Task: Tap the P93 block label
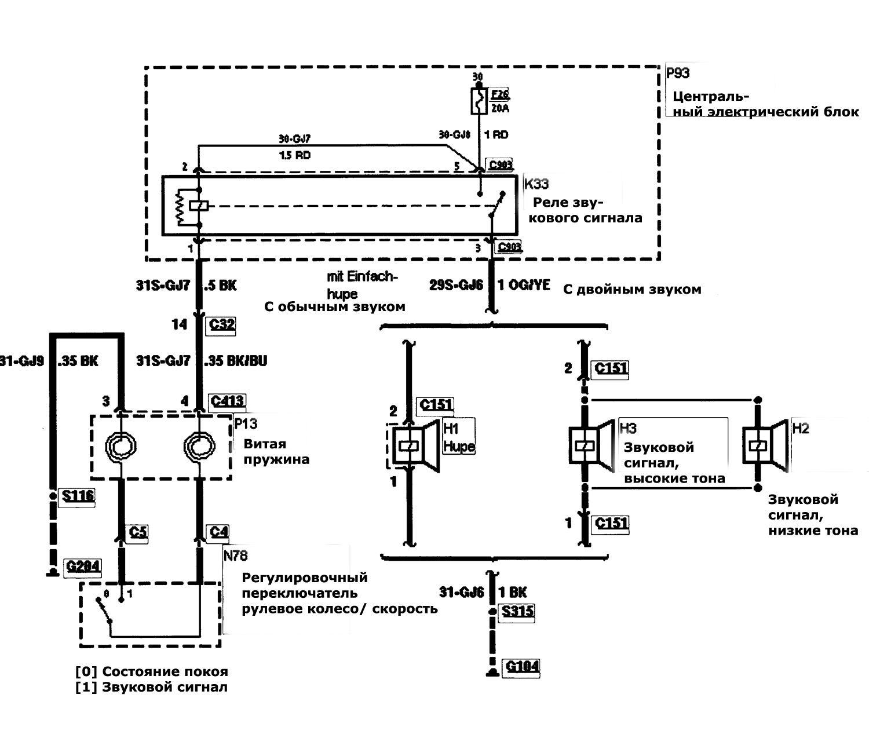point(678,74)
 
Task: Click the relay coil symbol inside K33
point(199,206)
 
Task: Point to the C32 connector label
point(222,324)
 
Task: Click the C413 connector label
point(227,401)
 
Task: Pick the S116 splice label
point(78,496)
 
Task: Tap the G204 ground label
point(83,566)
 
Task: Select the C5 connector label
point(138,531)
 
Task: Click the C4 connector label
point(219,531)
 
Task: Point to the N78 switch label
point(235,556)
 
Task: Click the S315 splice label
point(518,612)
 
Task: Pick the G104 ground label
point(522,666)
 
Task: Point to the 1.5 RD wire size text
point(294,155)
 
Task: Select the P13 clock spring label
point(246,424)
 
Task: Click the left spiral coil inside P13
point(121,447)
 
